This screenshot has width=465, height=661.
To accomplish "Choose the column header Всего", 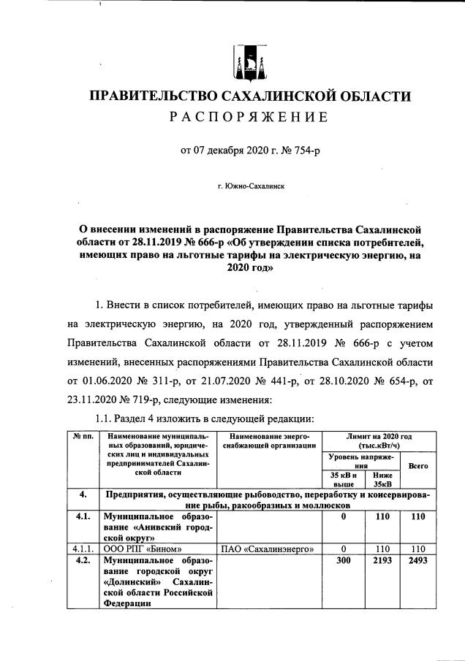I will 417,465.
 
